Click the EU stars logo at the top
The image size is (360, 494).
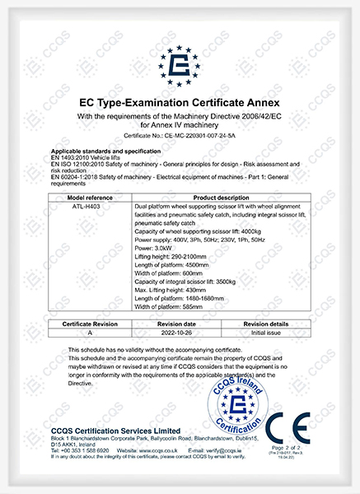pos(179,61)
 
